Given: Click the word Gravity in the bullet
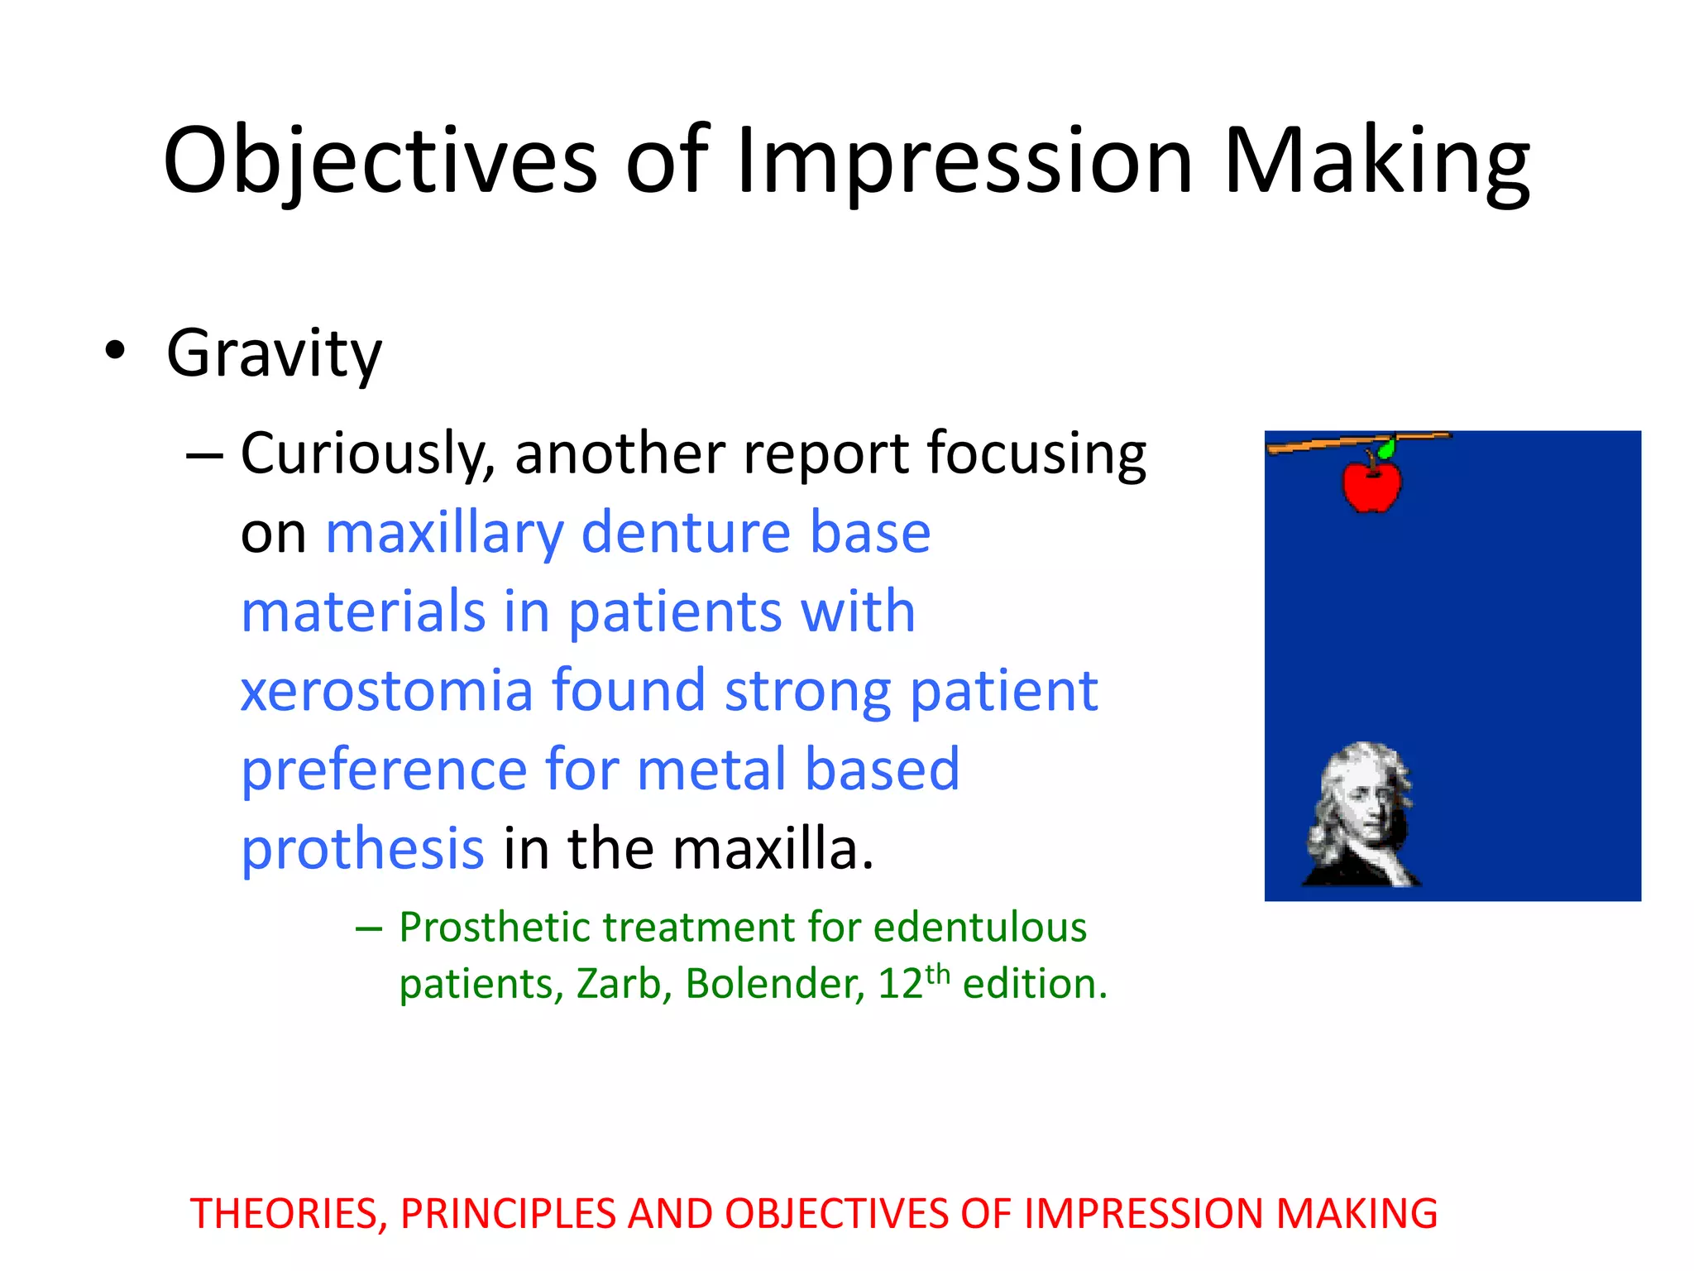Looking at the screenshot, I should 274,353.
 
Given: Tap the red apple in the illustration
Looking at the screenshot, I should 1371,486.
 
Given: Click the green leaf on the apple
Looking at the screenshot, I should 1387,449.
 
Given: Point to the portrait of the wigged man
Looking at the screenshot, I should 1361,815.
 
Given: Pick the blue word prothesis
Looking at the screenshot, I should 362,850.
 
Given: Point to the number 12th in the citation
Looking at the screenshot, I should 913,982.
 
